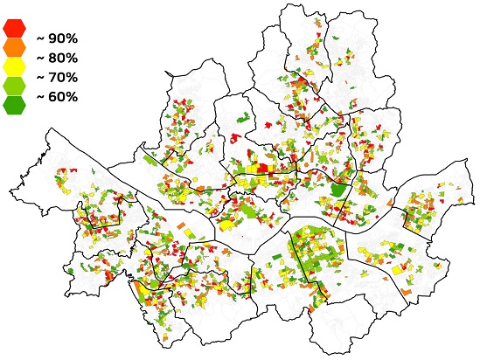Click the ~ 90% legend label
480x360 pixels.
57,39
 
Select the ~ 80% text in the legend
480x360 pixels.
57,58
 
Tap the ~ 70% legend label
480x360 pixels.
57,77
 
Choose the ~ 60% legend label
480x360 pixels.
57,96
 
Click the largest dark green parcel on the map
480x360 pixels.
337,188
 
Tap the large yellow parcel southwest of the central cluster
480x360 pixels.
226,224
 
